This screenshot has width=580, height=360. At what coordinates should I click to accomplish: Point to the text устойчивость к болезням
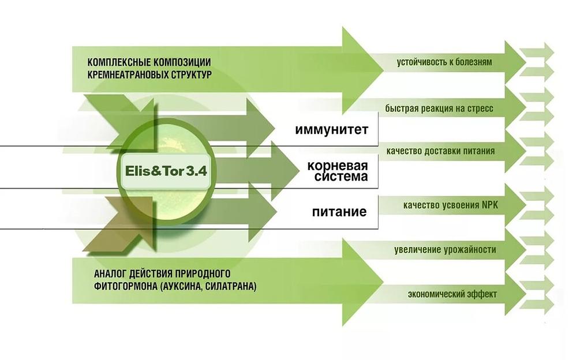[444, 62]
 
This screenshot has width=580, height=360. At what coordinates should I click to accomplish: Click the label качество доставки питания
[441, 151]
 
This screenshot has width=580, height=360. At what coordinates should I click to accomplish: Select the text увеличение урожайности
[445, 250]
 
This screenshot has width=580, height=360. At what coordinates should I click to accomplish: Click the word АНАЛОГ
[107, 272]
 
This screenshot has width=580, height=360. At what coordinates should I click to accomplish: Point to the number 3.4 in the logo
[196, 171]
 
